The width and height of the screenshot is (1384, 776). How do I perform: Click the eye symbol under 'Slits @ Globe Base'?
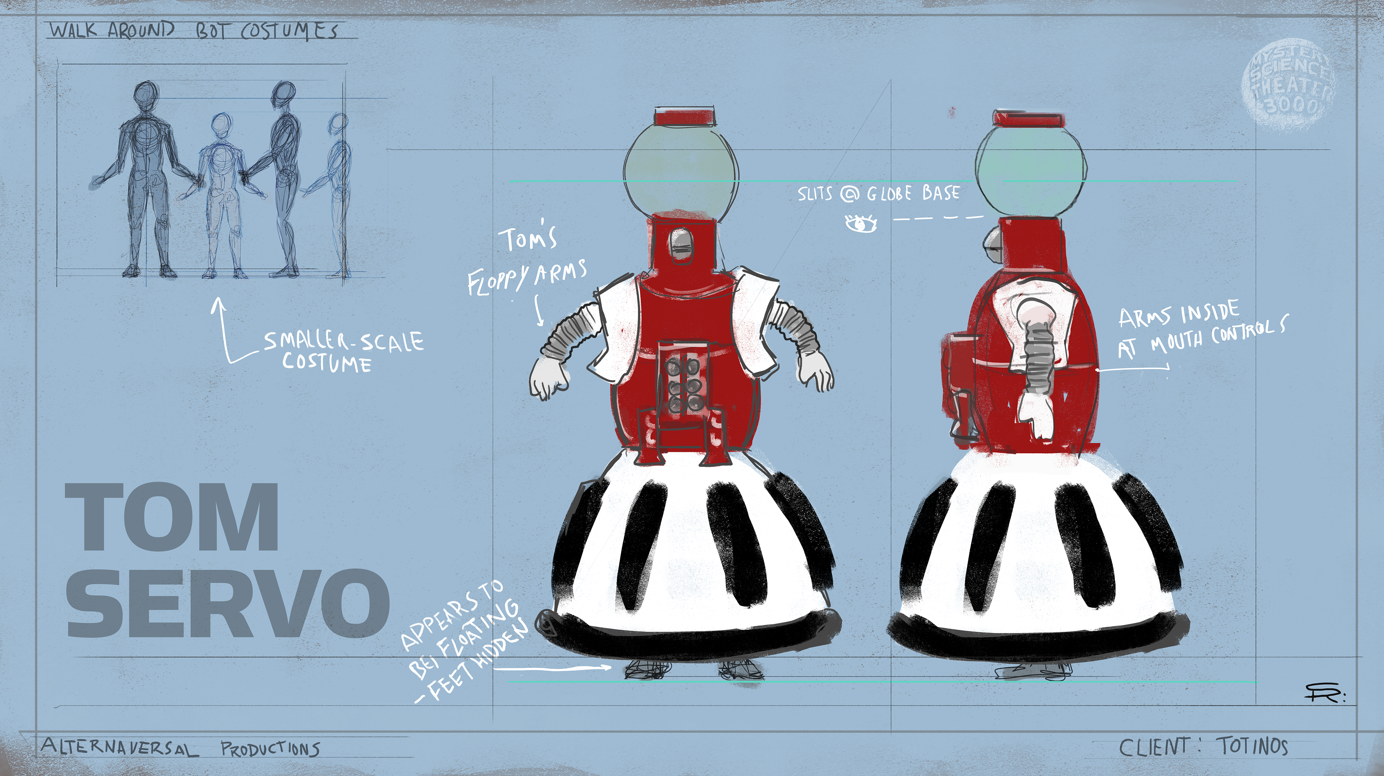[861, 223]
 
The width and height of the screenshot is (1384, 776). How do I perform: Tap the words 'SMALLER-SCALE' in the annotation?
[344, 341]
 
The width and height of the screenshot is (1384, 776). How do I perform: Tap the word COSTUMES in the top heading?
[289, 31]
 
